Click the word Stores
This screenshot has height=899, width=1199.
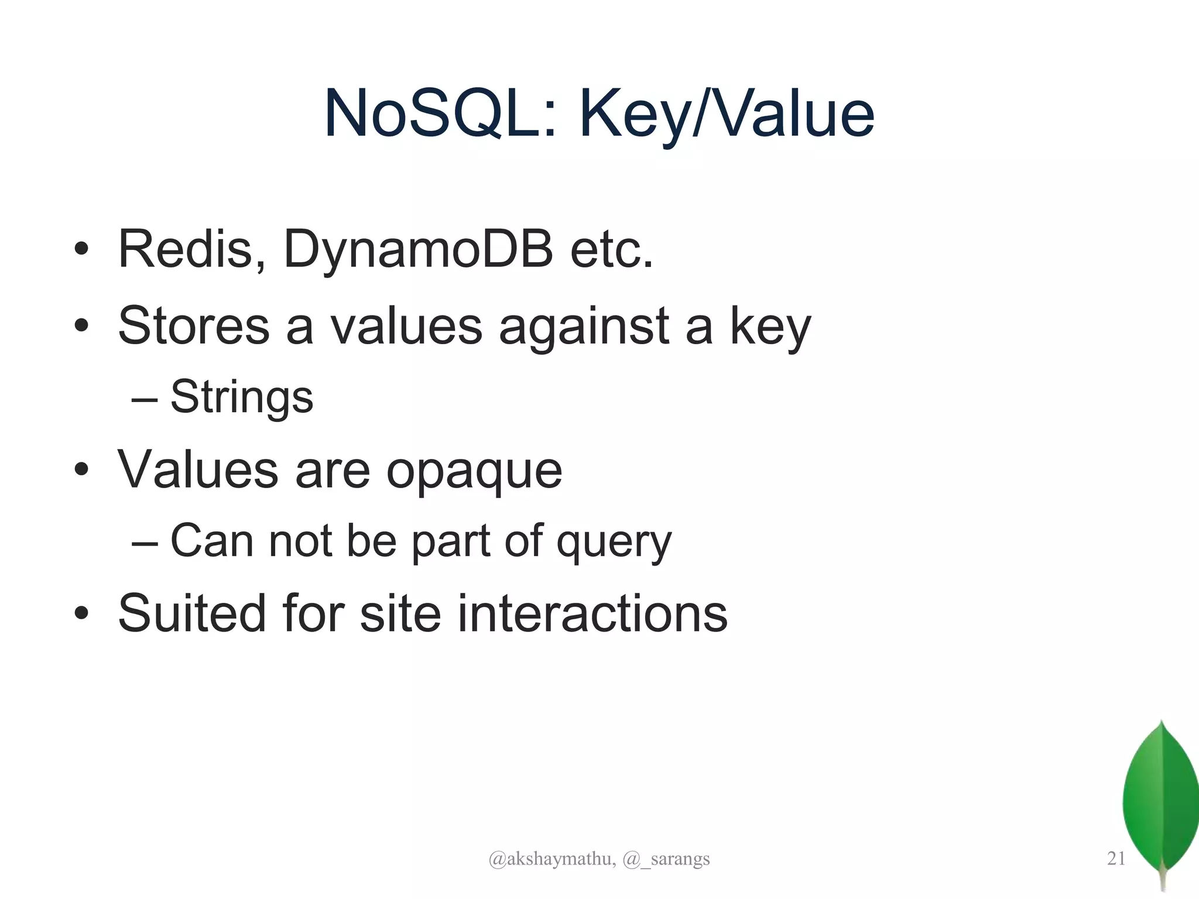tap(194, 326)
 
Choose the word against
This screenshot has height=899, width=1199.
tap(584, 326)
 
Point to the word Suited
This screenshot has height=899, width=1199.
tap(192, 613)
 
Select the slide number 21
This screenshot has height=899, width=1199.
tap(1116, 858)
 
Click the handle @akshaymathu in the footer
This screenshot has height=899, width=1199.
tap(551, 859)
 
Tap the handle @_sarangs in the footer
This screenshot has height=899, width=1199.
tap(666, 859)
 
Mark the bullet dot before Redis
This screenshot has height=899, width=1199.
tap(81, 249)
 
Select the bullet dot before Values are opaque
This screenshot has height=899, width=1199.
tap(81, 470)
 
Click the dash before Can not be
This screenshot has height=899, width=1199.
tap(145, 542)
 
